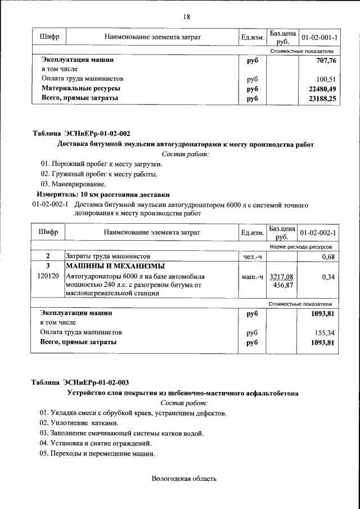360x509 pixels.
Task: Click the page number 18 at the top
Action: (x=186, y=16)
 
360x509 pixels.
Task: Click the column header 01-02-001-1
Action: (x=319, y=37)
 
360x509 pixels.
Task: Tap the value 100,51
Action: (x=326, y=79)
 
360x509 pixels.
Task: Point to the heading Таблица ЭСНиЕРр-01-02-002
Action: (x=81, y=133)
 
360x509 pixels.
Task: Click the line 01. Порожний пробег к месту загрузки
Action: (x=101, y=164)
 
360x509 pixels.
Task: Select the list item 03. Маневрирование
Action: (x=73, y=184)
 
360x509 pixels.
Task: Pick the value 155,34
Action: (x=326, y=332)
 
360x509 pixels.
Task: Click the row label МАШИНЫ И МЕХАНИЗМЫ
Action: (x=115, y=266)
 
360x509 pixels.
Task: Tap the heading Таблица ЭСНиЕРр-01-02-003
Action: (x=81, y=382)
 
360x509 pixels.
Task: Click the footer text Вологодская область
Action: (x=183, y=479)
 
